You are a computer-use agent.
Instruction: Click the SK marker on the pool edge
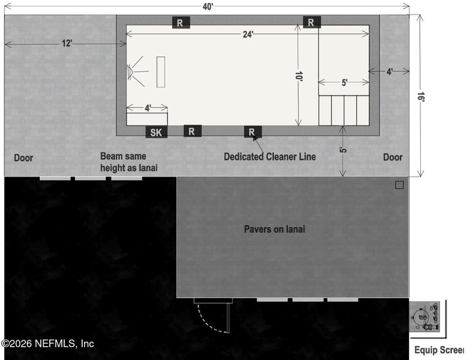[156, 132]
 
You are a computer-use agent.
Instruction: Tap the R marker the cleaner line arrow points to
[252, 132]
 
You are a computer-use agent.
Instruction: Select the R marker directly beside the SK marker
[192, 131]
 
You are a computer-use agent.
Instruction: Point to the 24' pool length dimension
[249, 34]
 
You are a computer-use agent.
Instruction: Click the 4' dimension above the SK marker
[148, 108]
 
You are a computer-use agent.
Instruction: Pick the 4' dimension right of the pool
[389, 71]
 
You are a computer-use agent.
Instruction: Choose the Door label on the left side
[24, 158]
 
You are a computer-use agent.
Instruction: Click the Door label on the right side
[393, 157]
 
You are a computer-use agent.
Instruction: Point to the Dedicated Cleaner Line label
[270, 156]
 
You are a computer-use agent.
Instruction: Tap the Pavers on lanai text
[274, 229]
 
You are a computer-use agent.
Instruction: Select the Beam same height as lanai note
[129, 162]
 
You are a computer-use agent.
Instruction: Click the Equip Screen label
[438, 350]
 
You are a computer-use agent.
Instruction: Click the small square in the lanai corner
[399, 185]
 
